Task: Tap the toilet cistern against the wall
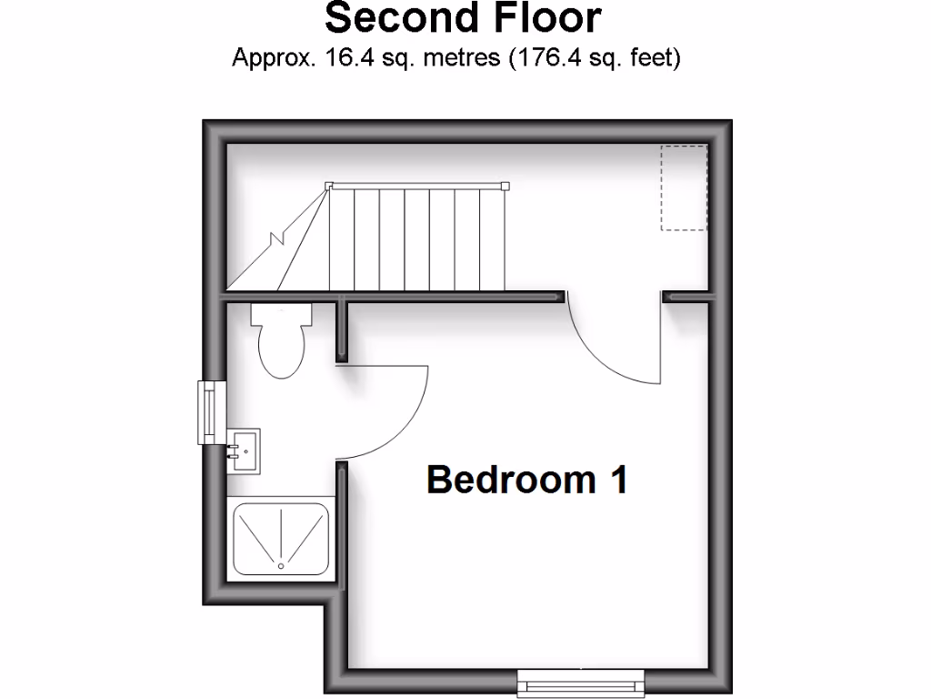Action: tap(282, 314)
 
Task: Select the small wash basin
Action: tap(243, 449)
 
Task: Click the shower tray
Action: tap(281, 538)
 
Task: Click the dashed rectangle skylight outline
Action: tap(684, 187)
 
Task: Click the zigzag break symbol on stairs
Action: tap(277, 240)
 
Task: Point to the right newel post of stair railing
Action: tap(506, 186)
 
